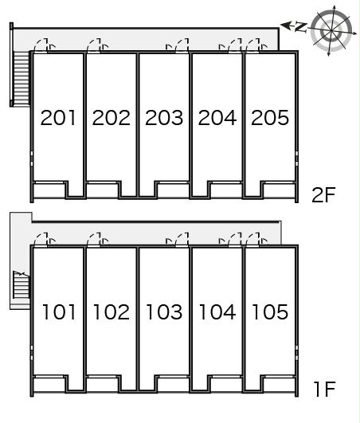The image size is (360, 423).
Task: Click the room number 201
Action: pyautogui.click(x=58, y=118)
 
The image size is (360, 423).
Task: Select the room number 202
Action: pyautogui.click(x=111, y=118)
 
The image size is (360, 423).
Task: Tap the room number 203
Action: pyautogui.click(x=164, y=118)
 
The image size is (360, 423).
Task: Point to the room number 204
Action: pyautogui.click(x=217, y=118)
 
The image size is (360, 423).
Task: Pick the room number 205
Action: pyautogui.click(x=270, y=118)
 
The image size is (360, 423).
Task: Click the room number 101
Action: pyautogui.click(x=59, y=311)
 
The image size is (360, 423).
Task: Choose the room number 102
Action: pyautogui.click(x=111, y=311)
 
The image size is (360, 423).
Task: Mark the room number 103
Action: pyautogui.click(x=164, y=311)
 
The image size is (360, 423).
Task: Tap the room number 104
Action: pyautogui.click(x=217, y=311)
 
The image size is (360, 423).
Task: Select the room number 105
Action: pyautogui.click(x=270, y=311)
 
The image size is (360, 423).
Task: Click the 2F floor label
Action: pyautogui.click(x=323, y=195)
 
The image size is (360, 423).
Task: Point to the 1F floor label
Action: pyautogui.click(x=325, y=389)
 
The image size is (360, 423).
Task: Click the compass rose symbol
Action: pyautogui.click(x=331, y=31)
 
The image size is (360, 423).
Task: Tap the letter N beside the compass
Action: pyautogui.click(x=301, y=27)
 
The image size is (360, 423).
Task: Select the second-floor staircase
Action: pyautogui.click(x=21, y=78)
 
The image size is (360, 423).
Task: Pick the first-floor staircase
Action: pyautogui.click(x=21, y=284)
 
